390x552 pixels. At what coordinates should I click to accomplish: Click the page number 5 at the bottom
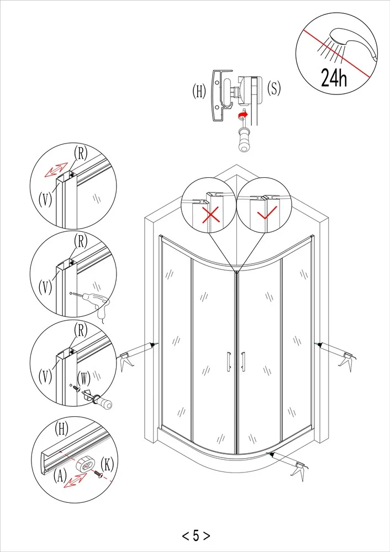pos(196,535)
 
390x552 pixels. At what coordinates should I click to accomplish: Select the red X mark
pos(210,214)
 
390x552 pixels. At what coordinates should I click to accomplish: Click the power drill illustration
pos(99,303)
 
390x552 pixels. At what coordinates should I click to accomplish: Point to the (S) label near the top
pos(273,88)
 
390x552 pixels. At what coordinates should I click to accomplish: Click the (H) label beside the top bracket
pos(199,92)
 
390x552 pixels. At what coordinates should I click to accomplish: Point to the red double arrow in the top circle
pos(55,170)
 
